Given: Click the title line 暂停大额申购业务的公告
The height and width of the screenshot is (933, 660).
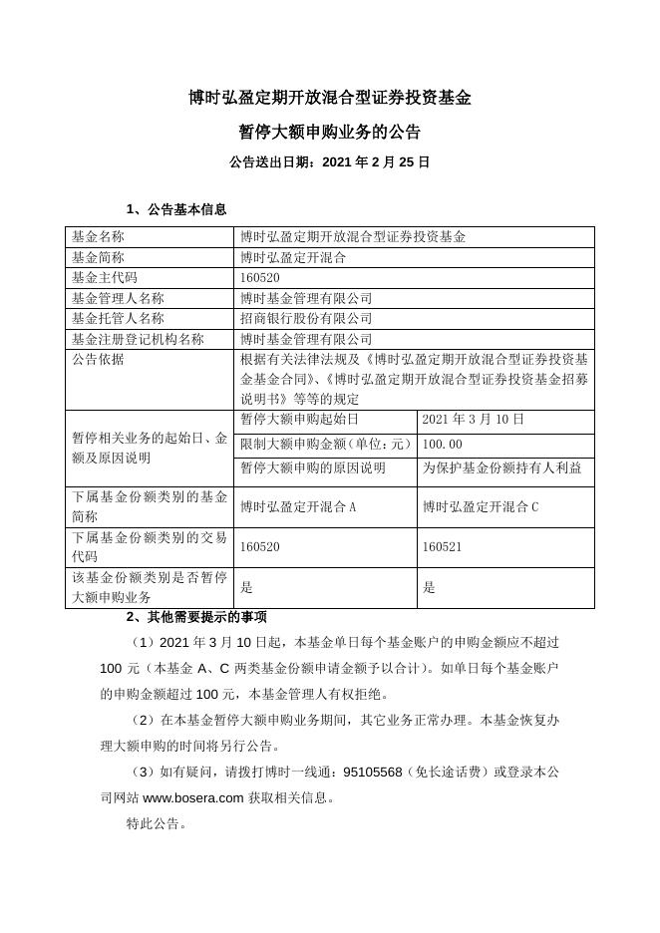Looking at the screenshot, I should tap(329, 132).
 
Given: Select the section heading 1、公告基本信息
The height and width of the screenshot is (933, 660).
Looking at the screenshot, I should tap(177, 209).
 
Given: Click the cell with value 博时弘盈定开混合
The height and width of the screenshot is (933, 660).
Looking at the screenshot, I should tap(293, 257).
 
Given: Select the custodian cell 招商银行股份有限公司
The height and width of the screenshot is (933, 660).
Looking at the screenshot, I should tap(306, 318).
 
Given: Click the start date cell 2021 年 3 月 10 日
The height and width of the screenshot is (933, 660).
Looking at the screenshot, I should tap(473, 420).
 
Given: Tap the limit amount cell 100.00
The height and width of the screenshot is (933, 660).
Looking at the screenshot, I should tap(443, 445).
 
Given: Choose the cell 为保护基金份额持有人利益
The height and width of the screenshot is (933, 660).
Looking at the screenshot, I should tap(501, 467).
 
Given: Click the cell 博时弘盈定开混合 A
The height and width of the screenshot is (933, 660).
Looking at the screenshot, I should tap(298, 506).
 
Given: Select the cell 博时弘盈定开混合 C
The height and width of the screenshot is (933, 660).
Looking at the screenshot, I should tap(481, 506).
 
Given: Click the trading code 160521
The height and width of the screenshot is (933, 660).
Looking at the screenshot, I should tap(442, 547).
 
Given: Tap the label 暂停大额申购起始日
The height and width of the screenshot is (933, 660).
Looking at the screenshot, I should tap(299, 420).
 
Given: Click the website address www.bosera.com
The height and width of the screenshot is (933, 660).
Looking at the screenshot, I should tap(193, 797).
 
